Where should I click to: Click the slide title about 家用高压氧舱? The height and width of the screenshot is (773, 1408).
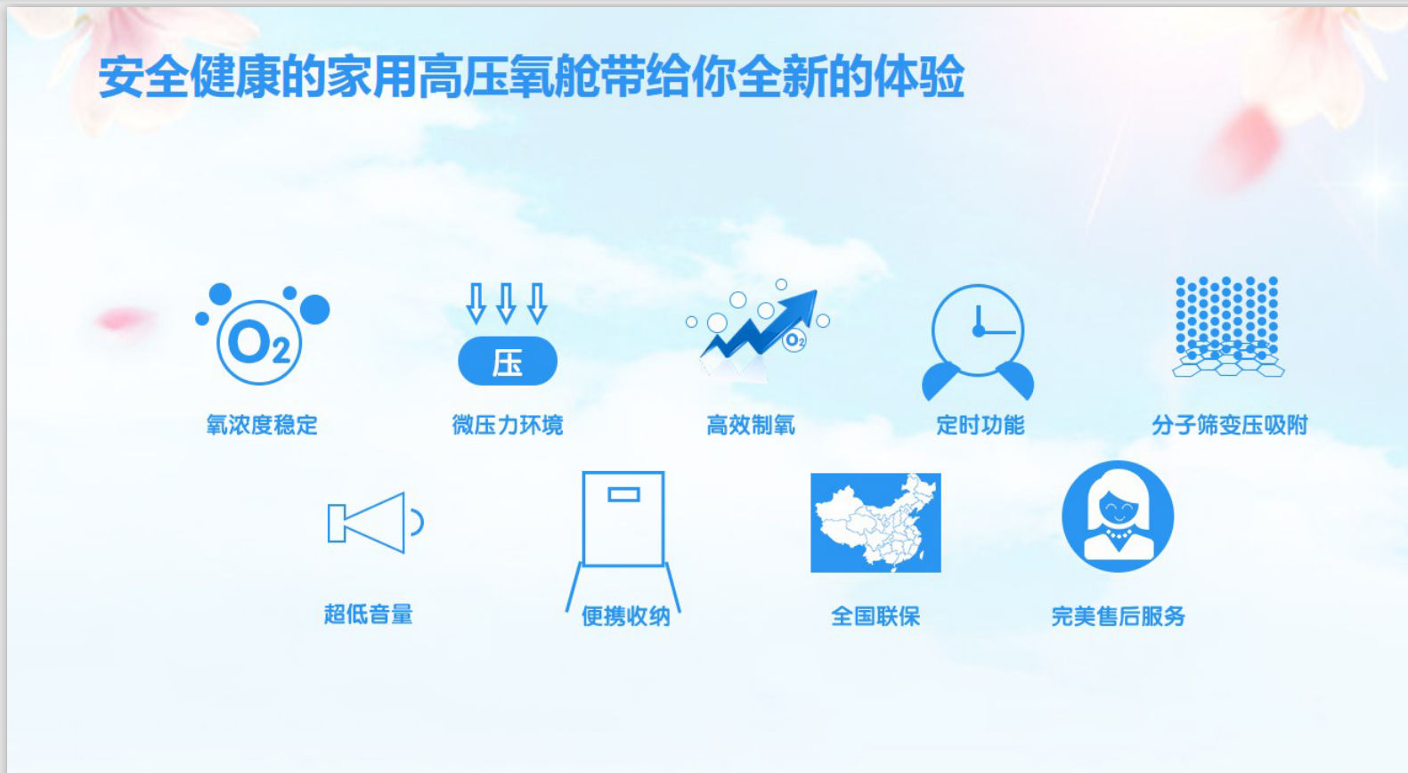531,77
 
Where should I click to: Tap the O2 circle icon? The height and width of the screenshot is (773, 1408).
259,343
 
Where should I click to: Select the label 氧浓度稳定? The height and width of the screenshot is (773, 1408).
262,426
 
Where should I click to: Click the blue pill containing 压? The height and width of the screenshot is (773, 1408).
508,362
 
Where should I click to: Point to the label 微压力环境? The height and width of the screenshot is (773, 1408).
508,426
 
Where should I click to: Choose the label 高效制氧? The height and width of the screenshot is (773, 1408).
751,426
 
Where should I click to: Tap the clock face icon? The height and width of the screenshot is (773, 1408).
978,330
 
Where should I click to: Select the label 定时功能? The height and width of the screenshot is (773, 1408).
980,426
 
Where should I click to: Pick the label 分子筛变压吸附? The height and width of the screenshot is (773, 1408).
1230,426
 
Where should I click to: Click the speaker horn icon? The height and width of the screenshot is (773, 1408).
375,523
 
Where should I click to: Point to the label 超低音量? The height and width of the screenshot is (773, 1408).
369,614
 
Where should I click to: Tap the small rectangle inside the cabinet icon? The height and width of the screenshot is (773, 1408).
623,494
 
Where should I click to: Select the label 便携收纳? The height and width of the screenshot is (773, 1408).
625,616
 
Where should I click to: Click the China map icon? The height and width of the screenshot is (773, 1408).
875,523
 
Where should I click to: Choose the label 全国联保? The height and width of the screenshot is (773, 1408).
875,616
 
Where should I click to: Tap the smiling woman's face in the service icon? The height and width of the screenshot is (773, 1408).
1119,507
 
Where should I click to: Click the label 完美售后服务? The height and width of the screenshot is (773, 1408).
1119,616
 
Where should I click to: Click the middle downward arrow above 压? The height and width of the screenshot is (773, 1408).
506,304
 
